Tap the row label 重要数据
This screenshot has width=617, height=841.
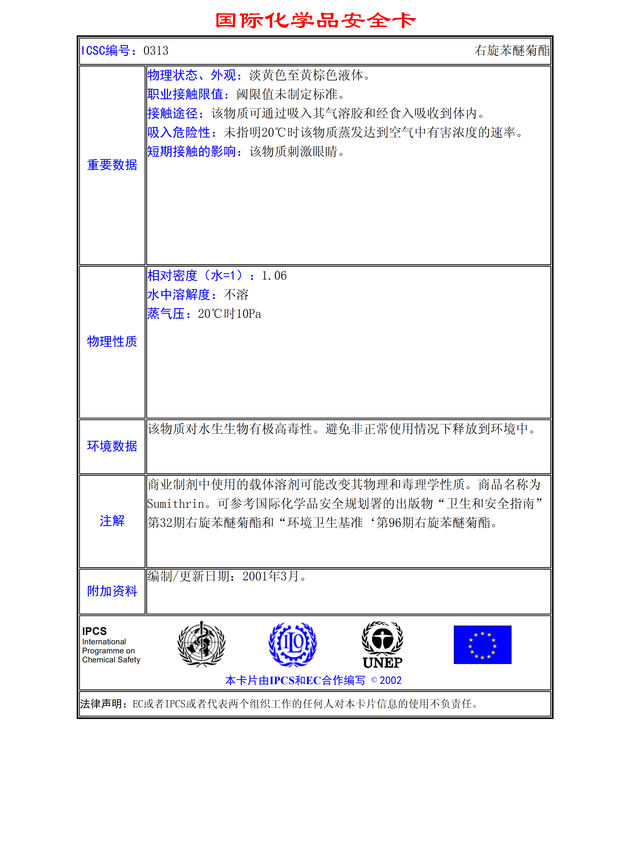pos(112,165)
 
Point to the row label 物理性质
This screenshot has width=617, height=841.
pos(112,341)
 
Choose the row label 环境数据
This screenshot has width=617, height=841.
pos(112,446)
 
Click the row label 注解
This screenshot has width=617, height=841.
pos(112,521)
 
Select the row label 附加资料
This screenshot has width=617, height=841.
pos(112,591)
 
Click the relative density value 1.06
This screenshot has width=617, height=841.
pos(274,276)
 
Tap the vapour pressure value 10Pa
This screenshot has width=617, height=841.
pos(249,314)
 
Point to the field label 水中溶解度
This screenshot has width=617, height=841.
pos(179,295)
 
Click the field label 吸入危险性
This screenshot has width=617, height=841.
pos(179,132)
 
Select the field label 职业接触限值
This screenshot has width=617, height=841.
pos(186,94)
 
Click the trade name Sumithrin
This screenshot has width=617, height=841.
pos(176,504)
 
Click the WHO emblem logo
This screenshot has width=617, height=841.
pos(201,644)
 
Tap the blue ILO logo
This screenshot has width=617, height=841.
pos(292,644)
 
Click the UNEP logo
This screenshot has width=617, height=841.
pos(383,645)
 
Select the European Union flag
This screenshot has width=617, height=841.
pos(482,645)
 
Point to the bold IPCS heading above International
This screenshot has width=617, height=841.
pos(95,631)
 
